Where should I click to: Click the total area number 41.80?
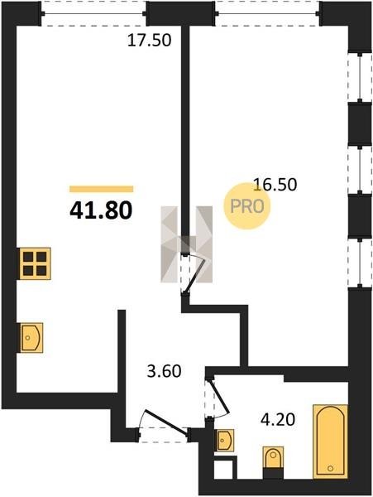101,210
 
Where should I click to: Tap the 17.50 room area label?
150,41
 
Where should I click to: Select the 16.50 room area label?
275,185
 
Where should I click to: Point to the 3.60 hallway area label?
165,371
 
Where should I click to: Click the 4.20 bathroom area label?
278,420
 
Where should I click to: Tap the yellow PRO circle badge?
247,206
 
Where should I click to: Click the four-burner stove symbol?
35,263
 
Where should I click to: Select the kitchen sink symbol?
31,338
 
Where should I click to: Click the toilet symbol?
274,457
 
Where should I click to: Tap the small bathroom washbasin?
225,441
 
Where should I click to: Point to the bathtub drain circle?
331,468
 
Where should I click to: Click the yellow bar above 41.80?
101,189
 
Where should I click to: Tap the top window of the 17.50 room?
93,13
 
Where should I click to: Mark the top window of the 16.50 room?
268,13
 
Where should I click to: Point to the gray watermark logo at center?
186,244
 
